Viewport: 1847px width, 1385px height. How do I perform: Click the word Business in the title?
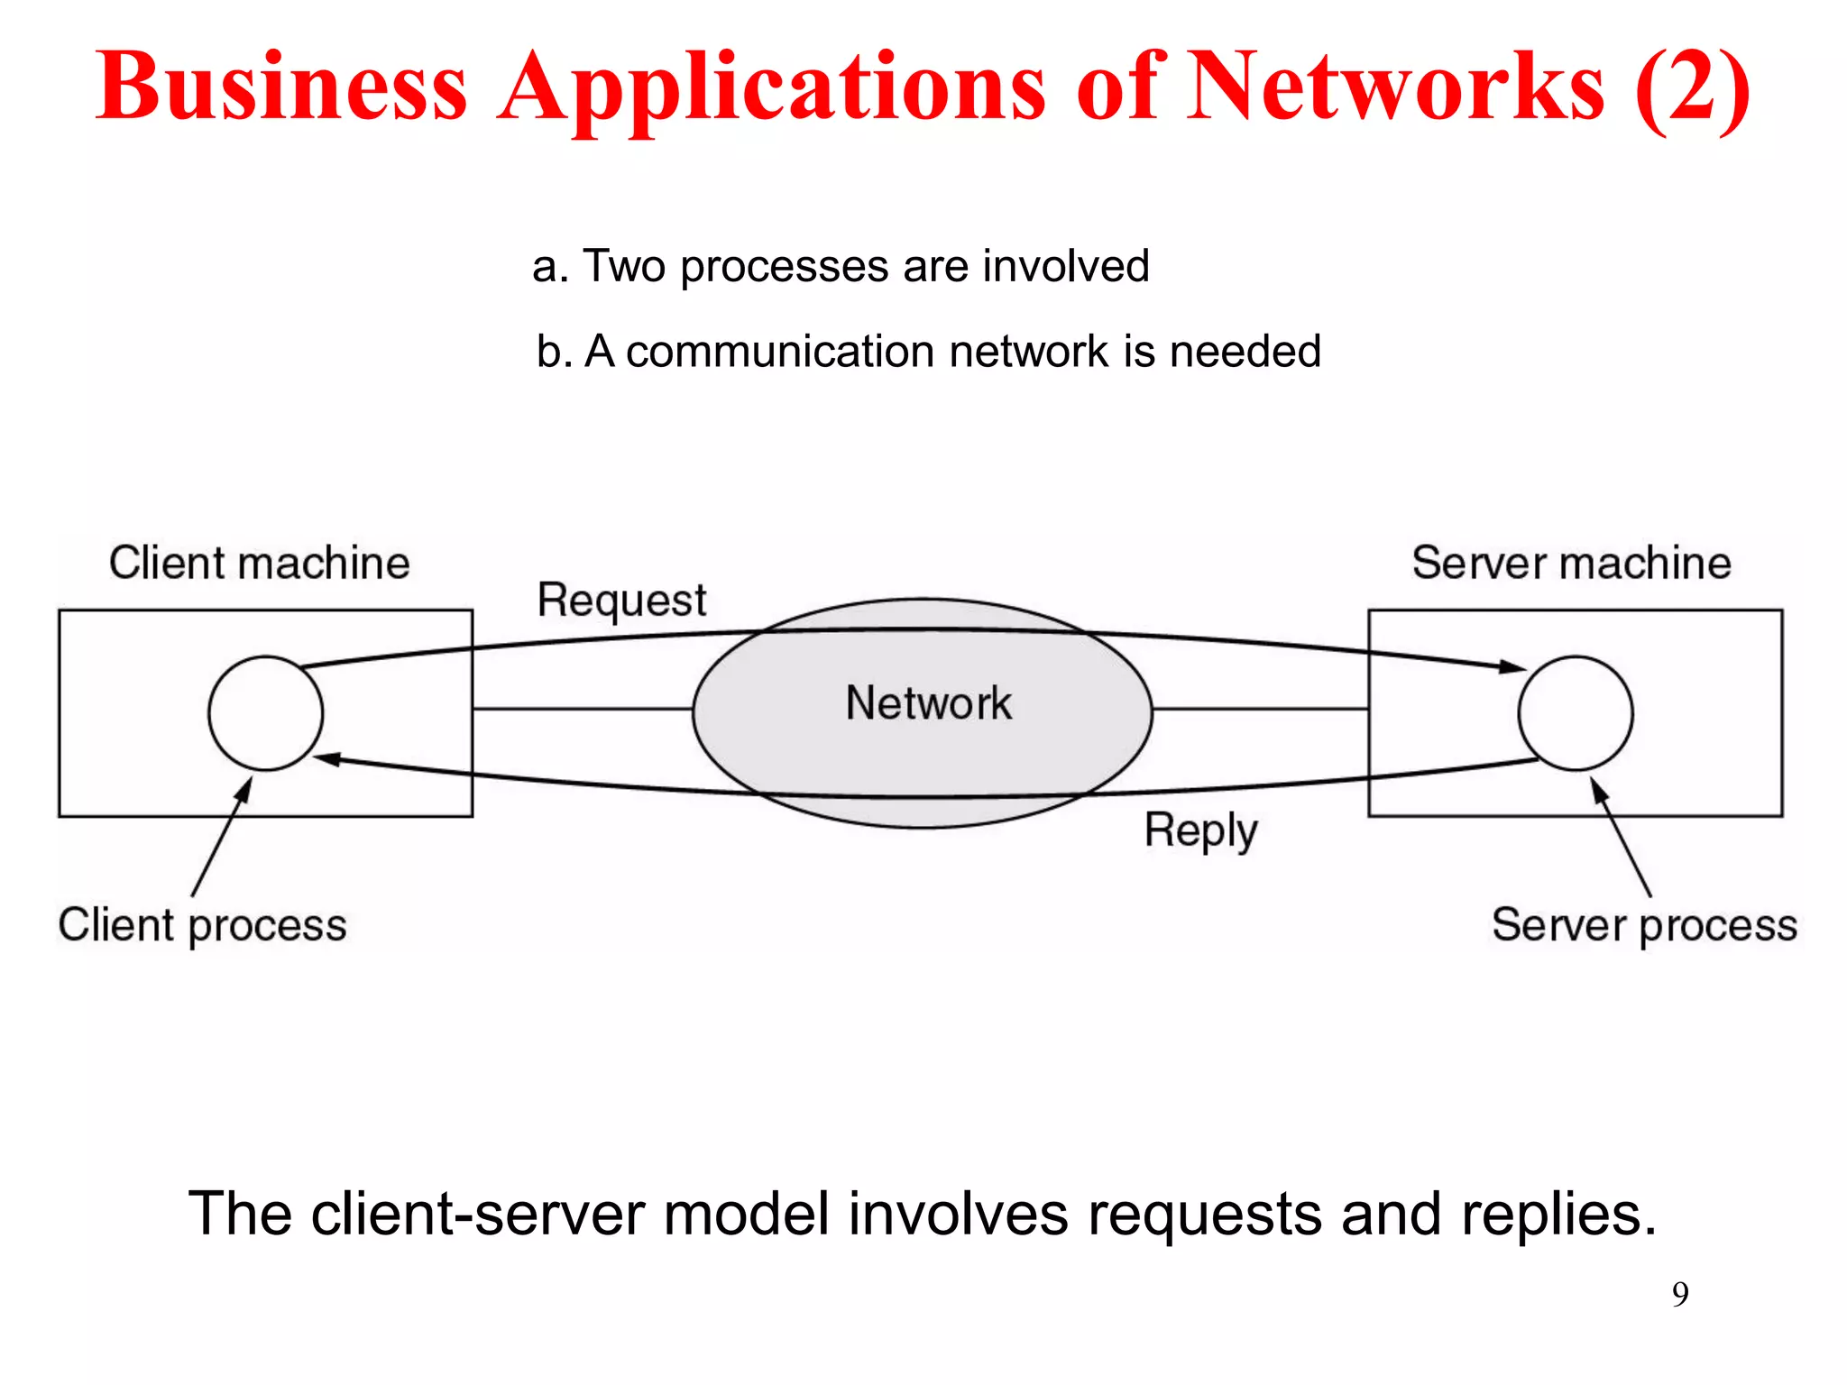pos(281,87)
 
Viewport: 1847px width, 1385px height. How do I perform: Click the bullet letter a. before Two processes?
pos(550,267)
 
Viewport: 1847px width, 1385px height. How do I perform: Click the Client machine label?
pos(260,563)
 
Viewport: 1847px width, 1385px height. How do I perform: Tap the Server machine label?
pos(1571,563)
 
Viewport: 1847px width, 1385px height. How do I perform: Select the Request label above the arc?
pos(621,601)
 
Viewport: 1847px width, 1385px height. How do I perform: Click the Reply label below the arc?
pos(1200,830)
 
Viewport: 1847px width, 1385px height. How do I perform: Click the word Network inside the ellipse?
pos(928,703)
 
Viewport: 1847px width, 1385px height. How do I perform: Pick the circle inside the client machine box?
pos(265,713)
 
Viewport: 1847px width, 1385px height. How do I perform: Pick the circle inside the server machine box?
pos(1575,713)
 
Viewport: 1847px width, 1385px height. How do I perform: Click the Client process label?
pos(203,925)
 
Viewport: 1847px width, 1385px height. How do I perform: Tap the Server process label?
pos(1644,925)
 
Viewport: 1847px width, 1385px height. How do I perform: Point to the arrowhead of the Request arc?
pos(1512,667)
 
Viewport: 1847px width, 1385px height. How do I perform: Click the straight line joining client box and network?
pos(582,709)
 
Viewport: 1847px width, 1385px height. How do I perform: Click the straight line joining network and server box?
pos(1260,709)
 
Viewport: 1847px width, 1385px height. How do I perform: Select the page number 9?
pos(1679,1295)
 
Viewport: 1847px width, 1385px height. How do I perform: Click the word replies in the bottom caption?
pos(1558,1214)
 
